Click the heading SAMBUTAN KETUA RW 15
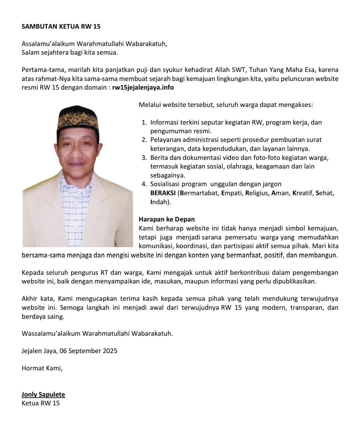tap(61, 26)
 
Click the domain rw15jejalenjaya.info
tap(143, 88)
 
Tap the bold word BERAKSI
tap(163, 193)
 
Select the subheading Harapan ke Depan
tap(167, 219)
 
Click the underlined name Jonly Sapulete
tap(43, 395)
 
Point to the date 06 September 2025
tap(88, 351)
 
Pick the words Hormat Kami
tap(42, 368)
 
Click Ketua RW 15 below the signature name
tap(40, 403)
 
